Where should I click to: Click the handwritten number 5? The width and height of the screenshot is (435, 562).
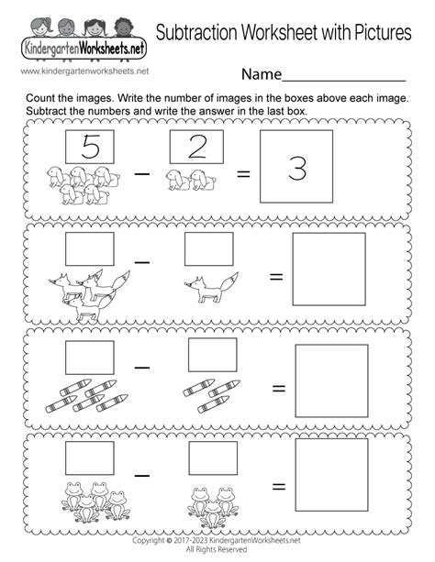point(90,147)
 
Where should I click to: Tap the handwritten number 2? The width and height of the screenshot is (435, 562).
point(197,147)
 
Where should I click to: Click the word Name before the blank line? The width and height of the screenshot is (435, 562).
point(262,74)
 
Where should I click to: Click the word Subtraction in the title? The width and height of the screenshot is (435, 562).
point(197,32)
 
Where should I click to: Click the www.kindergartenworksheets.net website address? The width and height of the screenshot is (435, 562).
point(84,71)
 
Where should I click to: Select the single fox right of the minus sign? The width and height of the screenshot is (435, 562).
point(211,288)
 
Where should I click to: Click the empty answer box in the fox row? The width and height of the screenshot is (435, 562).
point(329,270)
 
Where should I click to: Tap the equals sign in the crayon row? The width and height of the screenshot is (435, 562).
point(279,388)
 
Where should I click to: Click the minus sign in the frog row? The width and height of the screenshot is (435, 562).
point(141,476)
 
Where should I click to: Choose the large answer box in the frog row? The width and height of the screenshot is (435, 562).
point(332,475)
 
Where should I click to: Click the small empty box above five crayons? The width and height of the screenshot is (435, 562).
point(90,358)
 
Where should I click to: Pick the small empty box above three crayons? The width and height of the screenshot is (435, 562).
point(213,355)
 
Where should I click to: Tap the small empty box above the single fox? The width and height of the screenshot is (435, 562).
point(209,249)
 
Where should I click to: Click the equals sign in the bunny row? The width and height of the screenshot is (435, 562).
point(243,174)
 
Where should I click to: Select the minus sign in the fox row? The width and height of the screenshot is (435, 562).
point(141,262)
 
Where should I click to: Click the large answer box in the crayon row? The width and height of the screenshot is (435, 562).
point(332,381)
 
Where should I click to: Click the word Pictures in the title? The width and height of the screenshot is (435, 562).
point(383,32)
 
